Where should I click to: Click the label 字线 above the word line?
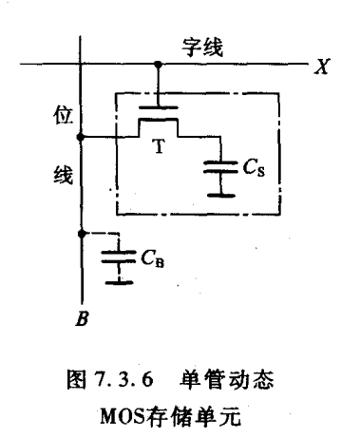click(x=202, y=48)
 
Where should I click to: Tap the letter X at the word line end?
click(x=322, y=67)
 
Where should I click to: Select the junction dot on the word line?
click(x=158, y=65)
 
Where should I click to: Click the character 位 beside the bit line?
click(x=64, y=115)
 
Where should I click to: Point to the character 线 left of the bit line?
click(x=63, y=174)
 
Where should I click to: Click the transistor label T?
click(x=160, y=146)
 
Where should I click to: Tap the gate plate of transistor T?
click(x=159, y=107)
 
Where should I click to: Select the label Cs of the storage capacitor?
click(x=254, y=167)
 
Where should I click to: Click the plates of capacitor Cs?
click(x=220, y=167)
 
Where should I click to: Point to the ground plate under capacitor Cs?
click(x=221, y=196)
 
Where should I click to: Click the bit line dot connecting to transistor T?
click(x=81, y=137)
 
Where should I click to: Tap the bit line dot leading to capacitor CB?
click(x=82, y=234)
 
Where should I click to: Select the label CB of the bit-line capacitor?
click(x=153, y=258)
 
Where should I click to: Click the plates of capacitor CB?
click(x=119, y=257)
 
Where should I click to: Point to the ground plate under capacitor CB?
click(x=119, y=282)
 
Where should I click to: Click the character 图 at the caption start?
click(x=76, y=379)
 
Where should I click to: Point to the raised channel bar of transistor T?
click(x=158, y=120)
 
